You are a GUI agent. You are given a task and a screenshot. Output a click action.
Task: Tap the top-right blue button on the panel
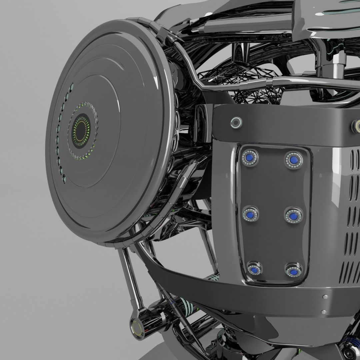point(293,160)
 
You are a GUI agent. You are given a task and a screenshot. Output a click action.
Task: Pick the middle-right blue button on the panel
point(293,216)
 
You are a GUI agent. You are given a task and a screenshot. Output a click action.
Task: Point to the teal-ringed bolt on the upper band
point(236,123)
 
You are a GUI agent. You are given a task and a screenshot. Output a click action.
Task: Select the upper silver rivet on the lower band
point(325,297)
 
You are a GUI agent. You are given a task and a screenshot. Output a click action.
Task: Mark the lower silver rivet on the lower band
point(323,312)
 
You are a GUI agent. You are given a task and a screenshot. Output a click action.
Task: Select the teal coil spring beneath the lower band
point(187,305)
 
